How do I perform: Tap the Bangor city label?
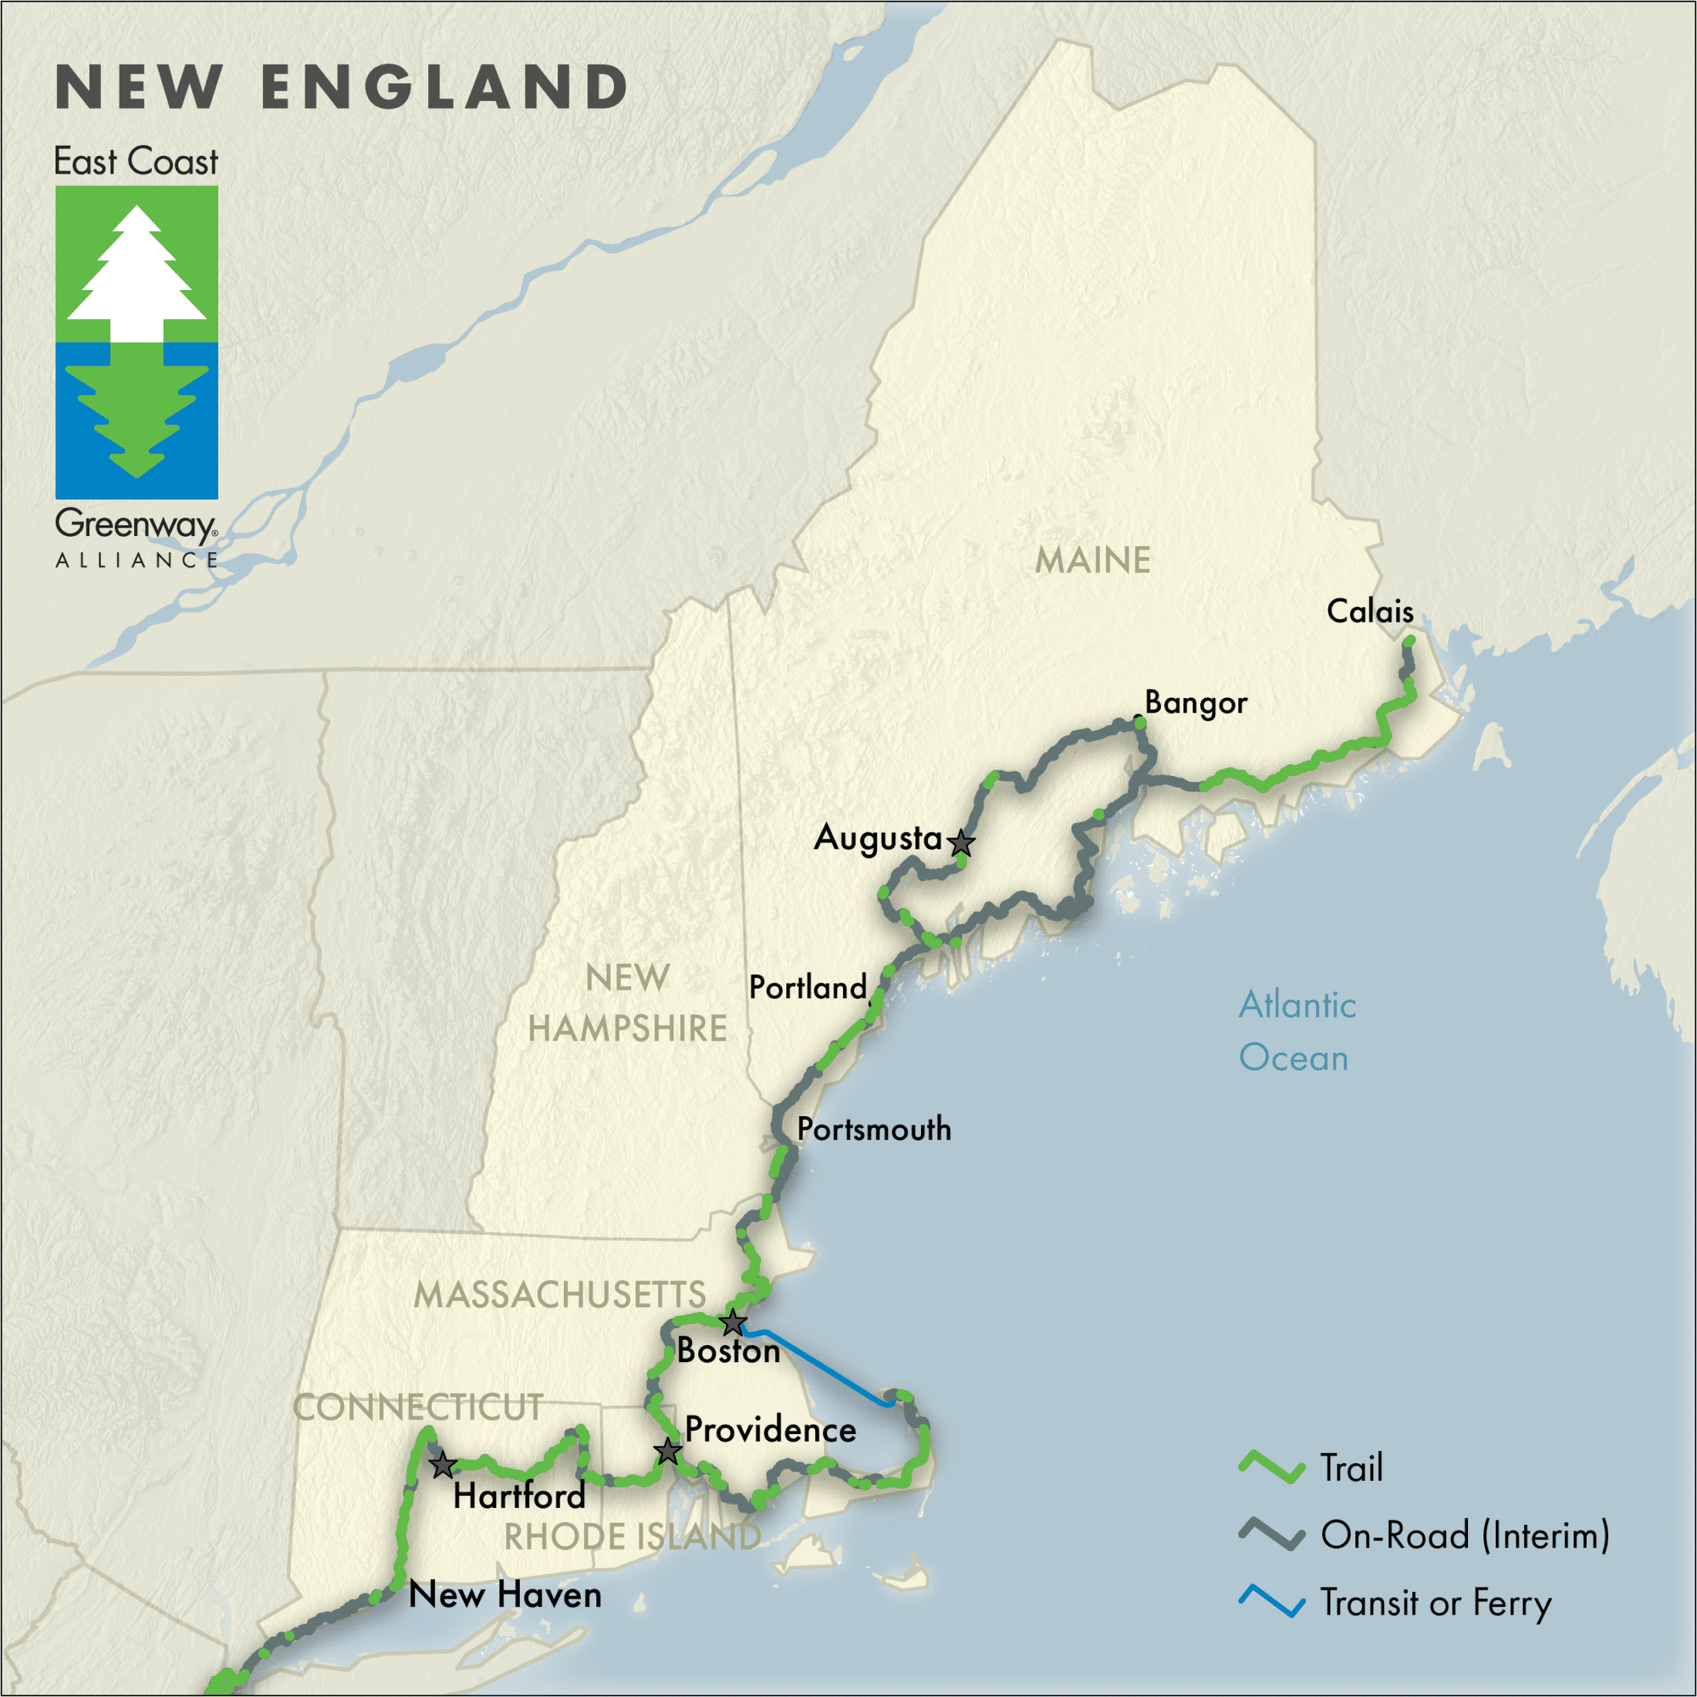coord(1196,703)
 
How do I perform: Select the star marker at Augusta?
coord(962,842)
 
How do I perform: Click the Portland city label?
coord(807,987)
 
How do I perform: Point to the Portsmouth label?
coord(874,1129)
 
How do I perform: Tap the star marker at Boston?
coord(733,1322)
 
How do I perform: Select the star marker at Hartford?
coord(443,1464)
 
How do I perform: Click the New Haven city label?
coord(505,1595)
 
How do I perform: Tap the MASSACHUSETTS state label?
coord(559,1294)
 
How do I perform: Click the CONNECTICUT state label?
coord(417,1407)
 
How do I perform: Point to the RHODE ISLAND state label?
coord(632,1537)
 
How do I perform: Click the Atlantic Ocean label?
coord(1297,1031)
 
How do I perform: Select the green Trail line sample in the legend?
coord(1271,1468)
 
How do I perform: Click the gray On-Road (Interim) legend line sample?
coord(1271,1534)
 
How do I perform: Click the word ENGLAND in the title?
coord(444,88)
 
